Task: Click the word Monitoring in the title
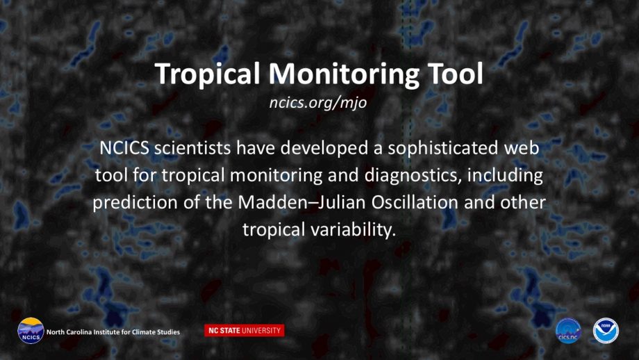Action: point(344,74)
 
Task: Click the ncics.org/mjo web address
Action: point(318,103)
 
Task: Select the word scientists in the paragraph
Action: point(192,147)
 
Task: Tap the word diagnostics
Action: point(413,176)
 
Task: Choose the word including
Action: point(505,176)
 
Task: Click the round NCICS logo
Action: point(31,331)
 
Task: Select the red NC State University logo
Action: point(244,330)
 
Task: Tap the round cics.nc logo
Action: point(568,331)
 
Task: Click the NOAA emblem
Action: point(606,331)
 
